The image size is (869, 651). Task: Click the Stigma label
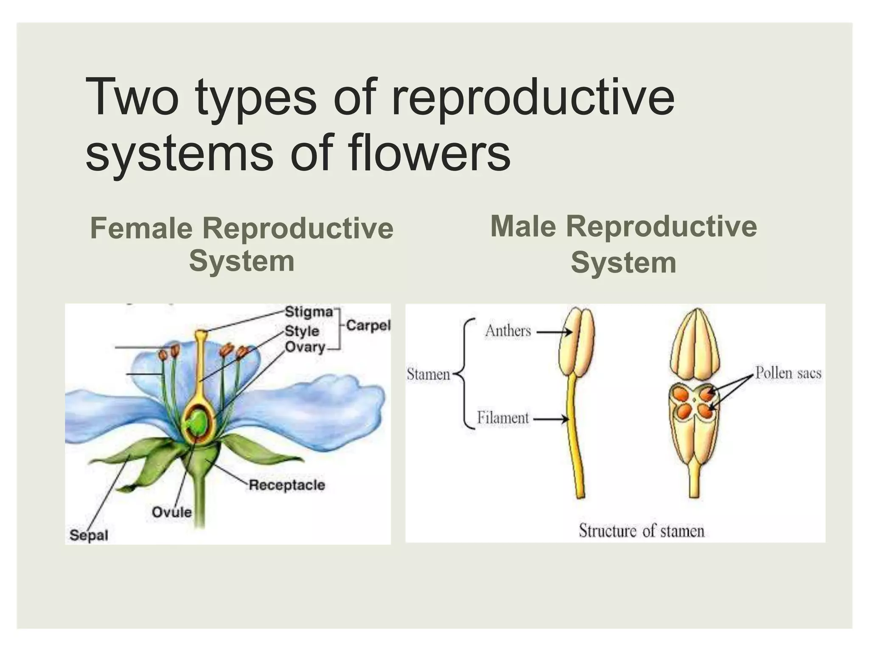tap(308, 312)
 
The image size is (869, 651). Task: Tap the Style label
tap(302, 331)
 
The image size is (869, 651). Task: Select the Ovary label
tap(305, 347)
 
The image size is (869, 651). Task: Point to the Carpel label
tap(368, 325)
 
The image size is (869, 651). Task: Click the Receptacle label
tap(287, 485)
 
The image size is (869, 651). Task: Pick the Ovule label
tap(171, 512)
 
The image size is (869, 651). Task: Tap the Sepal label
tap(89, 535)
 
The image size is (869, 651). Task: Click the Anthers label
tap(508, 331)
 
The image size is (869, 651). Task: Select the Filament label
tap(503, 418)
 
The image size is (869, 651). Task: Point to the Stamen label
tap(428, 374)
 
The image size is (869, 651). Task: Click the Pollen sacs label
tap(788, 373)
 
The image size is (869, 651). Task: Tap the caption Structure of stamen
tap(641, 531)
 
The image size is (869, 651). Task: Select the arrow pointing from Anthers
tap(554, 333)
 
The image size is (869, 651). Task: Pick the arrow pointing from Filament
tap(551, 420)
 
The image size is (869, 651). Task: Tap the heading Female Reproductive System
tap(242, 245)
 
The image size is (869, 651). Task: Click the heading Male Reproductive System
tap(623, 244)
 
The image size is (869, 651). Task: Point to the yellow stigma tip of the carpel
tap(200, 334)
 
